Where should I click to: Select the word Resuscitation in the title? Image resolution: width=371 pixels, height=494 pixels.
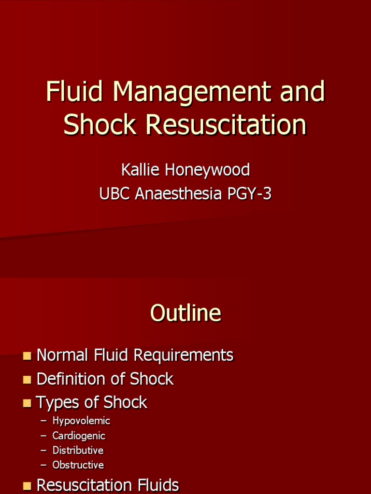(x=226, y=124)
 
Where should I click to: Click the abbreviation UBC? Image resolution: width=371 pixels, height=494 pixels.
(x=115, y=194)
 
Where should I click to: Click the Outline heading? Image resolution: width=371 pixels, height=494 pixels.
(x=185, y=314)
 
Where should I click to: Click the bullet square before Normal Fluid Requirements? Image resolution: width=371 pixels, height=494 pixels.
(x=27, y=356)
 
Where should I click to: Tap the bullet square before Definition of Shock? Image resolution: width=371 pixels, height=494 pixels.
(x=27, y=380)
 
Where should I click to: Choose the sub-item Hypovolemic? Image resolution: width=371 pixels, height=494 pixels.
(x=81, y=421)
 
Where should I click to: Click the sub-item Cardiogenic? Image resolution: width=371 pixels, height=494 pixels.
(x=79, y=436)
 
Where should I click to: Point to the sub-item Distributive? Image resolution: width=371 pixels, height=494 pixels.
(x=78, y=451)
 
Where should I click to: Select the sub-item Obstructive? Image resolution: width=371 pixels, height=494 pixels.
(x=78, y=466)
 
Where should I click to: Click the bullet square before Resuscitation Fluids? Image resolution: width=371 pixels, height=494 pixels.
(x=27, y=486)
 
